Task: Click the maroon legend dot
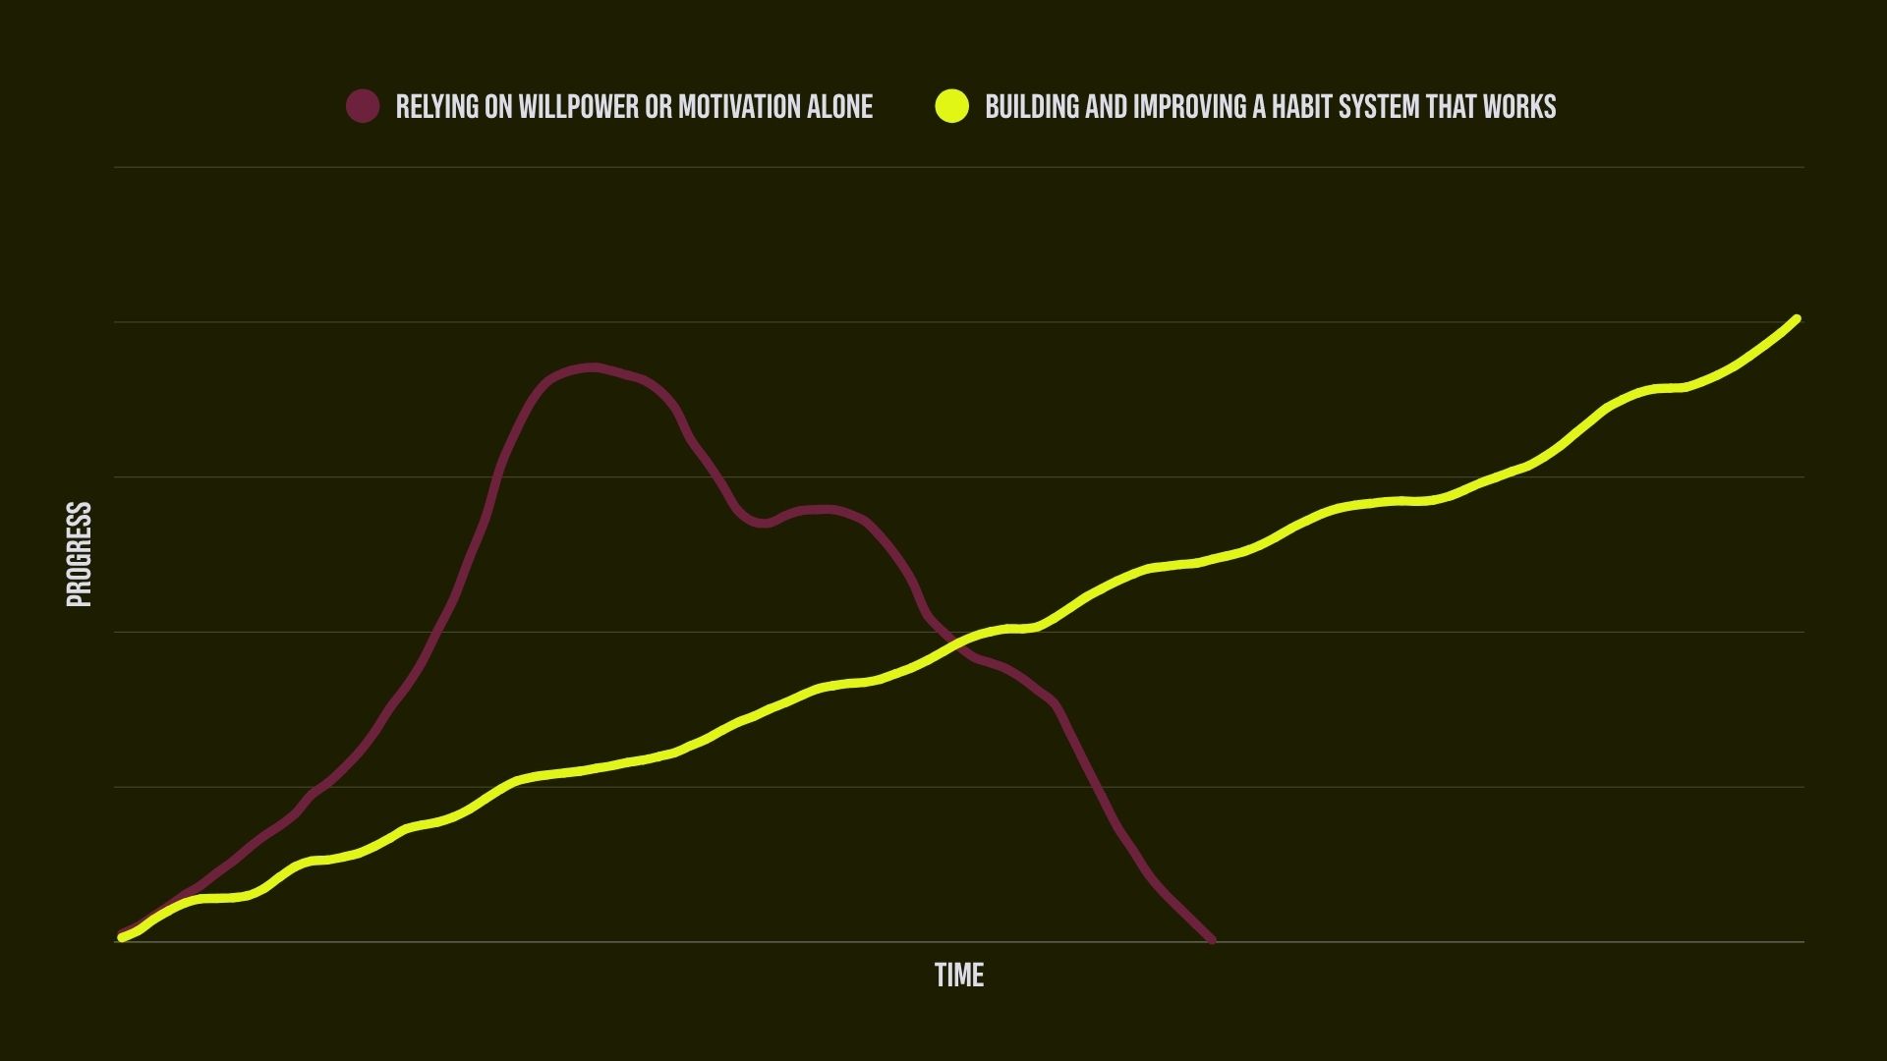tap(363, 106)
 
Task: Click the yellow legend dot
tap(951, 106)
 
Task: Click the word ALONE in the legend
tap(839, 106)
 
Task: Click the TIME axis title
tap(958, 975)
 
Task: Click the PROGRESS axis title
tap(79, 554)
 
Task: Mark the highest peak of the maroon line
tap(592, 367)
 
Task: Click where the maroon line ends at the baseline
tap(1211, 940)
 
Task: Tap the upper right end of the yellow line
tap(1796, 319)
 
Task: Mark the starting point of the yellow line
tap(122, 937)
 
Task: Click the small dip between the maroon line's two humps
tap(765, 523)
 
